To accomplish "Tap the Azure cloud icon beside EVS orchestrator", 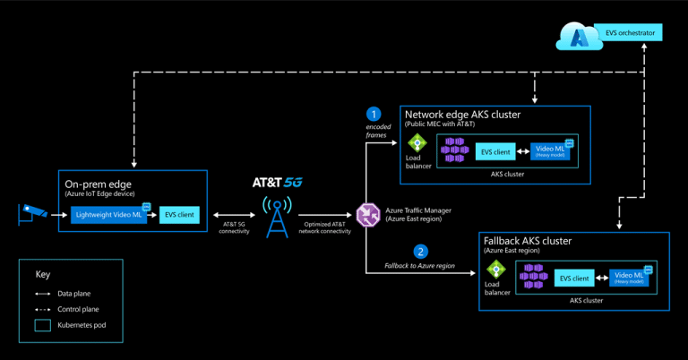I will coord(575,36).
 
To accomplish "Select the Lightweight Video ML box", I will coord(107,215).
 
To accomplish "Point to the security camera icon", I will coord(33,212).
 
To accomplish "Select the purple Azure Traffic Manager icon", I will coord(367,214).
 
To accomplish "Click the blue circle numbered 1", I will coord(374,114).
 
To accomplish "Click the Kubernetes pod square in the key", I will coord(43,325).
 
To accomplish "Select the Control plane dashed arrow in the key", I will coord(43,309).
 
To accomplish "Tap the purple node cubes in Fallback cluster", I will coord(535,278).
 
